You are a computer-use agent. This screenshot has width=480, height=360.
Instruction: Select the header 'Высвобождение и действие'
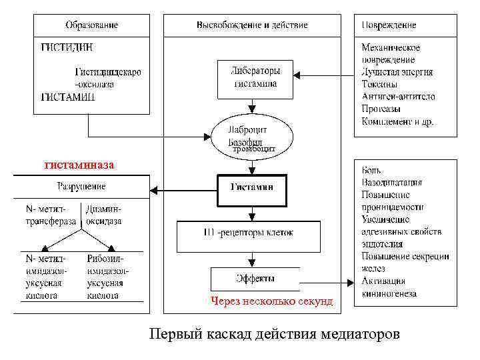[252, 25]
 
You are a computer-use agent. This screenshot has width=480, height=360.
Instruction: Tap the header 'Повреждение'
[389, 25]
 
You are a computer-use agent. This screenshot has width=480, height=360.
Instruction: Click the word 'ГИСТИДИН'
[67, 47]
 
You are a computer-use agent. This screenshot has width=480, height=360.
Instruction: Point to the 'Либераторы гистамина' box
[255, 78]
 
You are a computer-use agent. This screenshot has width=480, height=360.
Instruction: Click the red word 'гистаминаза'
[79, 164]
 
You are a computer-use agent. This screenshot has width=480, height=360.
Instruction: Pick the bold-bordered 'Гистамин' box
[252, 189]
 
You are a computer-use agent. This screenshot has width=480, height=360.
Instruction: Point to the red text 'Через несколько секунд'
[271, 301]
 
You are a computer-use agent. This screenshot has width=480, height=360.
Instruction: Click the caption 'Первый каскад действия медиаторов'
[275, 333]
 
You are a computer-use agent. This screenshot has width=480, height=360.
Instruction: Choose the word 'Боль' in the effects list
[373, 171]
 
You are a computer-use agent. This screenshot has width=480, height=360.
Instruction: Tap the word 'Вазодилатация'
[392, 183]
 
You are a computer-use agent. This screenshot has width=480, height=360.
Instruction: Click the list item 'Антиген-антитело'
[398, 97]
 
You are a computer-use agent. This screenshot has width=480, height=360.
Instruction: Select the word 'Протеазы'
[381, 109]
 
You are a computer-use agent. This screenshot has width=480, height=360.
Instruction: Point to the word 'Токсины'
[379, 85]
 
